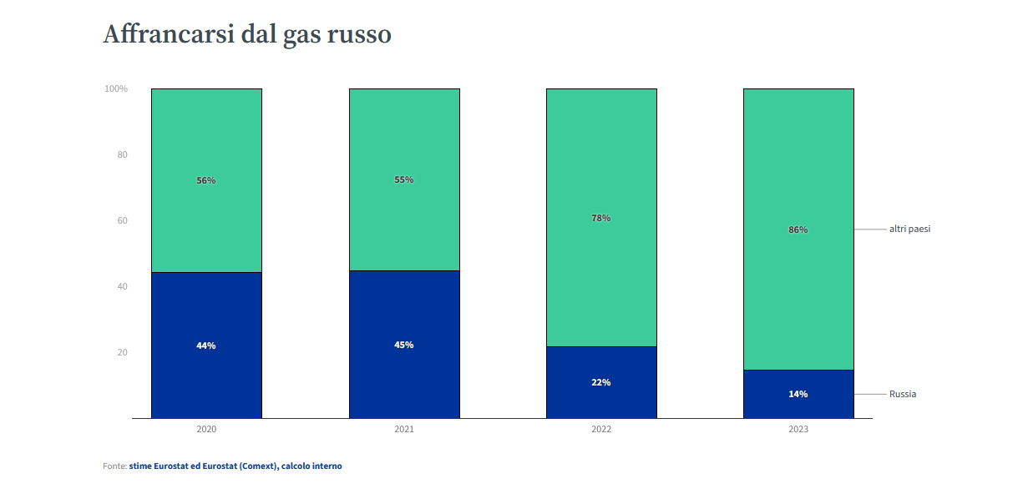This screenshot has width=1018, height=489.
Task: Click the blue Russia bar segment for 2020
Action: (206, 376)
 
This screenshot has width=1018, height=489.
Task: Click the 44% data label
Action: (206, 345)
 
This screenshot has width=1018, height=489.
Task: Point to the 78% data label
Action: (601, 218)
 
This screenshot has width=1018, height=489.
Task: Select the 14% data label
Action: (798, 394)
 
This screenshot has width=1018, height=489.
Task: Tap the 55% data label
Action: (404, 179)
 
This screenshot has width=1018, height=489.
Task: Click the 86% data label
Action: (798, 229)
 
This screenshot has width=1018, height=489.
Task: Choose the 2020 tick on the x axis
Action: (206, 430)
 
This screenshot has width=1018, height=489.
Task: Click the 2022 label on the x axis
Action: (601, 430)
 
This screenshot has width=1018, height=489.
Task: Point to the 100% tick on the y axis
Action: (116, 88)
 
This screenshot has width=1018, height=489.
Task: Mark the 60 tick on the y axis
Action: (122, 220)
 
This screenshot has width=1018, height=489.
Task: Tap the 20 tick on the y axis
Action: (122, 352)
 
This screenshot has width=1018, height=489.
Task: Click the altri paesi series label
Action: (909, 229)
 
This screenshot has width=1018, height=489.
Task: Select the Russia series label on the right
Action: (903, 394)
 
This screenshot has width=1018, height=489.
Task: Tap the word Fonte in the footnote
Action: (114, 466)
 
